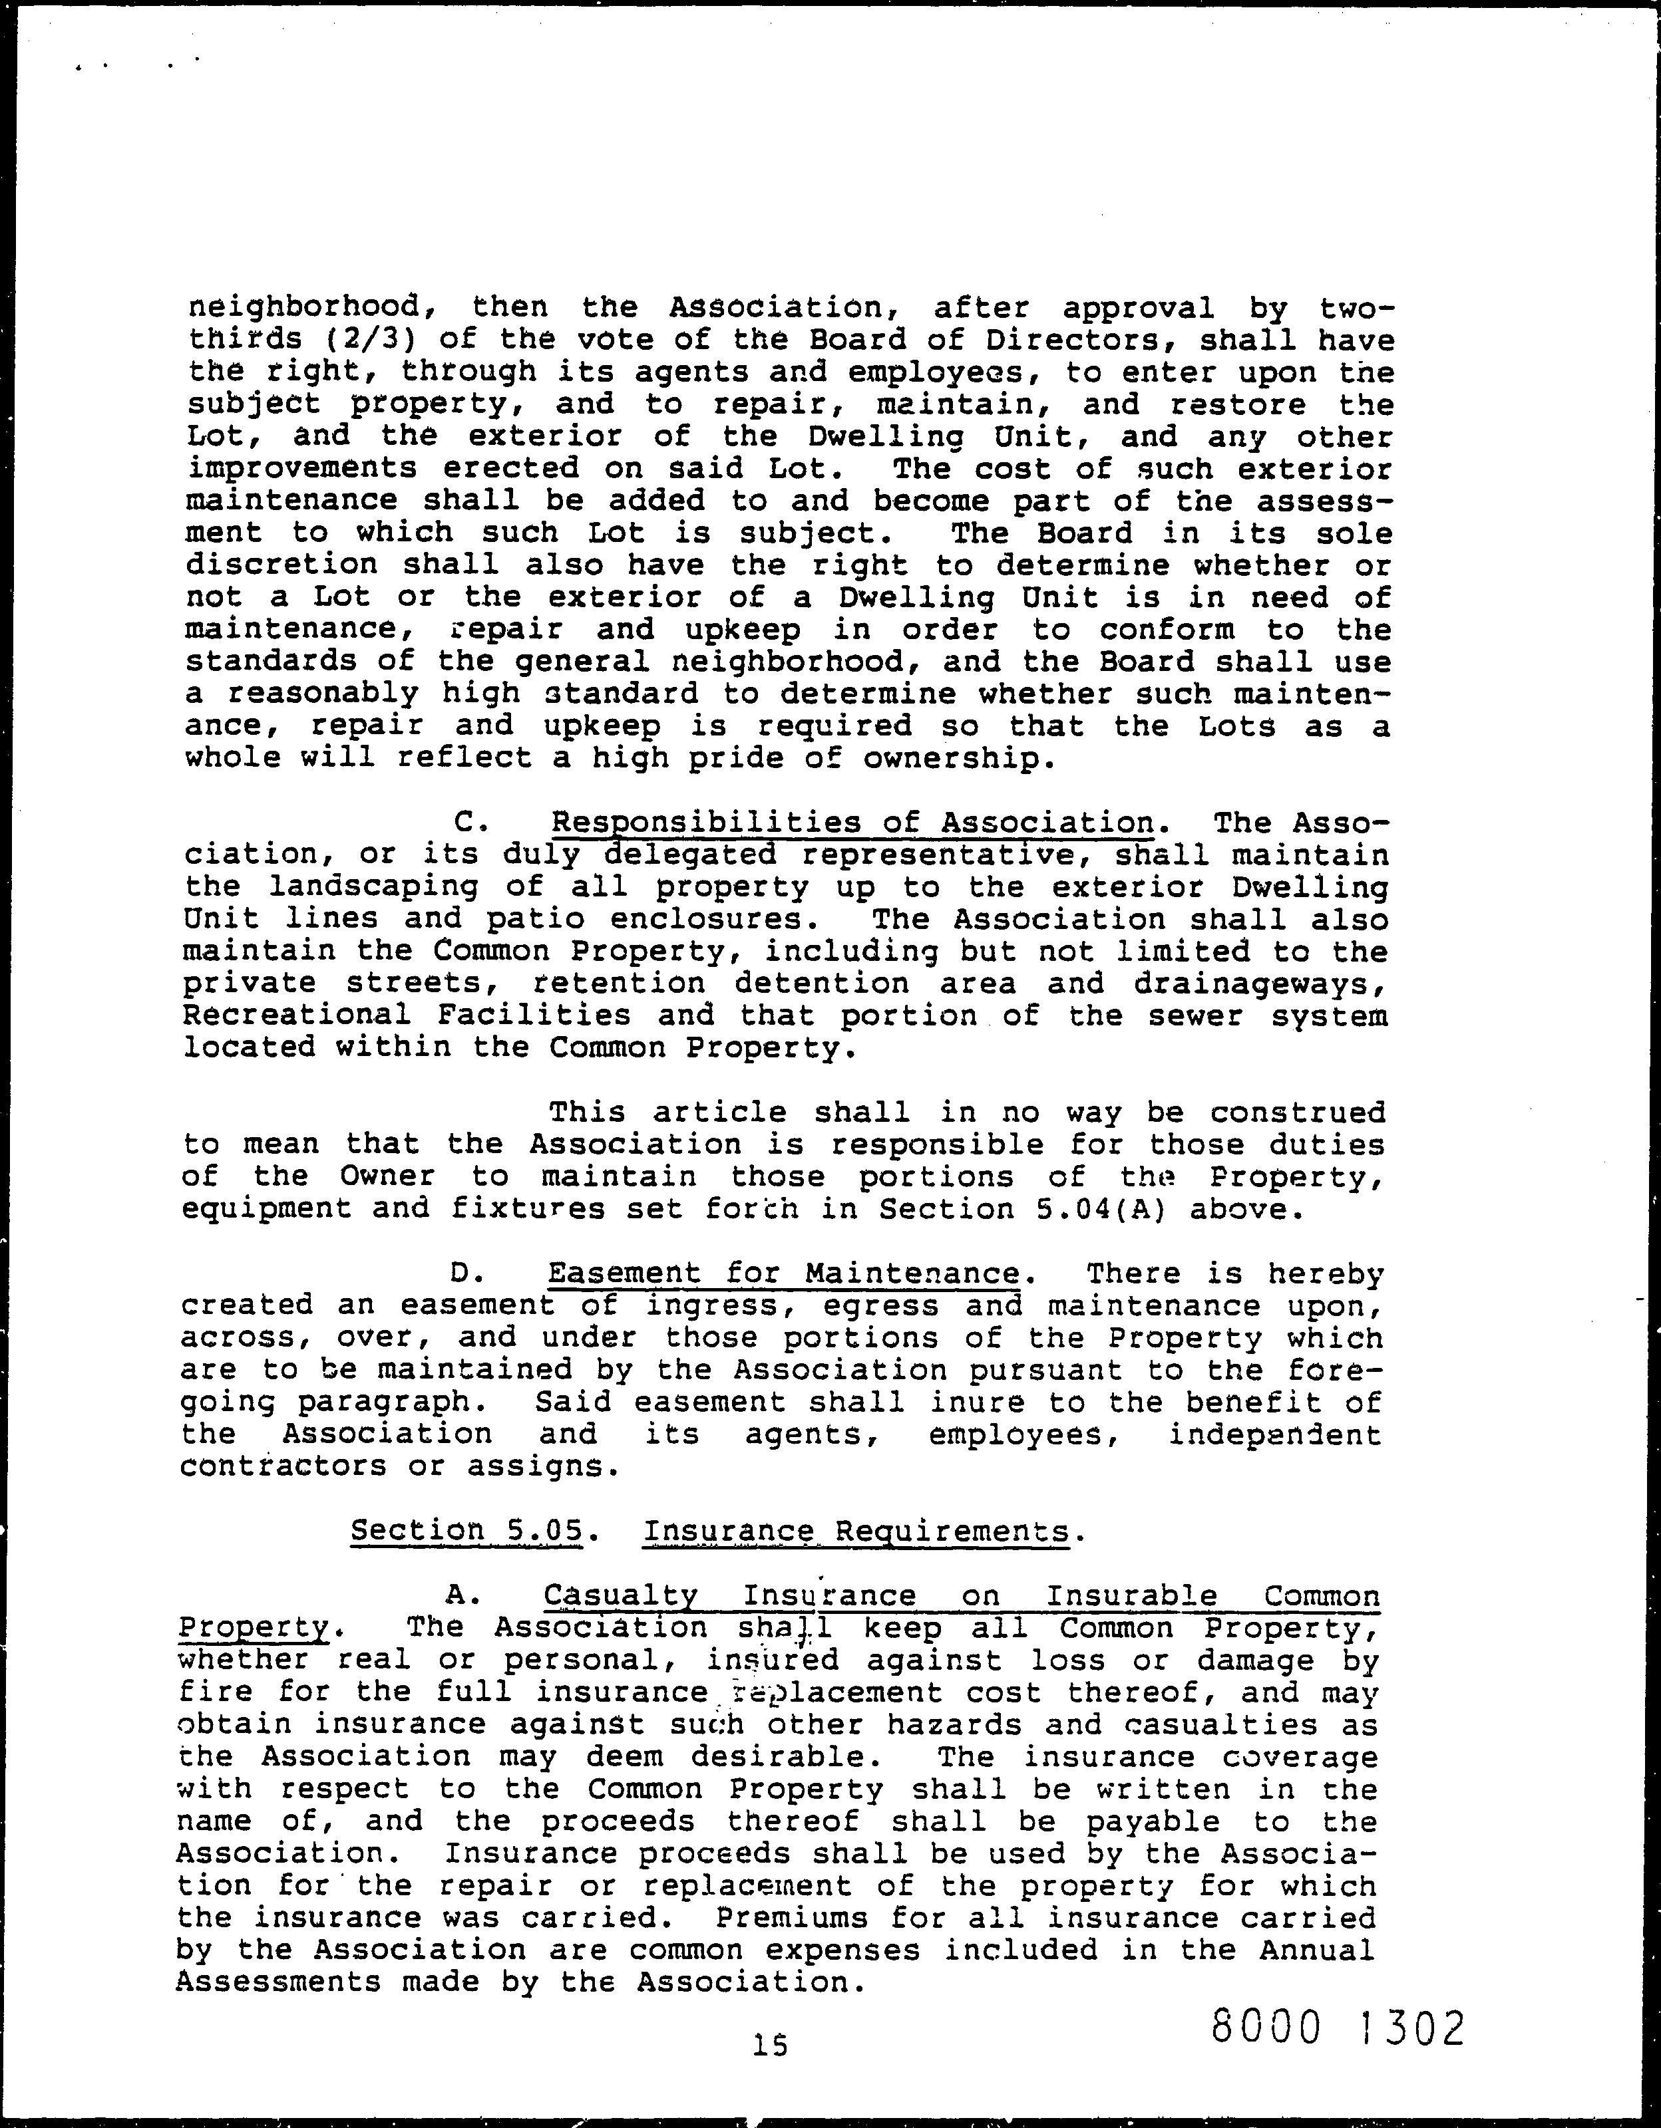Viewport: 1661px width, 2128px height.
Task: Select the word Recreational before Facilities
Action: pos(296,1015)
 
